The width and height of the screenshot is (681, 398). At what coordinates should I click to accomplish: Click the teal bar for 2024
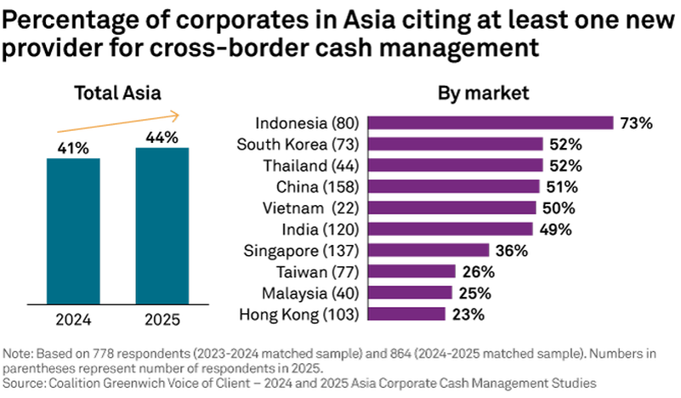(73, 230)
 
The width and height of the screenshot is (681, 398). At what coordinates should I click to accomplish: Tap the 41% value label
(73, 148)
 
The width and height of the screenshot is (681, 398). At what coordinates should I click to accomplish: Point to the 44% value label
(162, 137)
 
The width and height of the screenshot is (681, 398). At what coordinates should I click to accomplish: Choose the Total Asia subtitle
(116, 93)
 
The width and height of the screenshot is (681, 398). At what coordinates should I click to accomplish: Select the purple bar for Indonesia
(493, 122)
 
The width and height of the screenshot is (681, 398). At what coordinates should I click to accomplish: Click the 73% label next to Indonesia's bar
(635, 123)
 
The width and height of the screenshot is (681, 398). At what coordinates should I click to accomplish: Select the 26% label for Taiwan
(477, 272)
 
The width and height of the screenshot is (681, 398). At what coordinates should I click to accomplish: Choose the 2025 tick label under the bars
(162, 322)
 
